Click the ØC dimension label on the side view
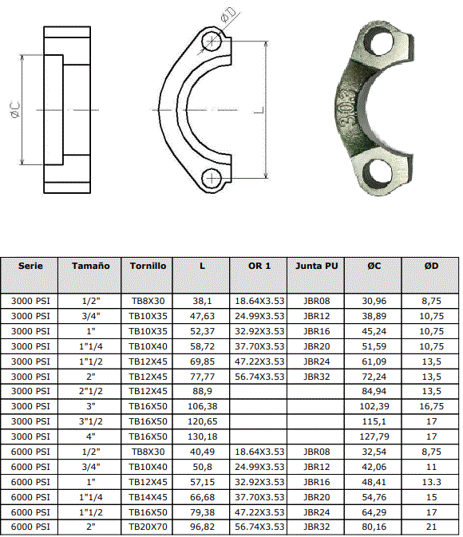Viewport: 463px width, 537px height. (15, 109)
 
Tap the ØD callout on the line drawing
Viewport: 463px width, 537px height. (228, 15)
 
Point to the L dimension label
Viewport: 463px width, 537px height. (260, 110)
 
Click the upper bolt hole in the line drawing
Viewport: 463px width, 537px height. (212, 41)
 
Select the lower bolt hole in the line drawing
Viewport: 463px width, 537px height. (212, 179)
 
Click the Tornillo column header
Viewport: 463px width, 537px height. (148, 266)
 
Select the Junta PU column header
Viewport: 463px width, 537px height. (317, 266)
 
